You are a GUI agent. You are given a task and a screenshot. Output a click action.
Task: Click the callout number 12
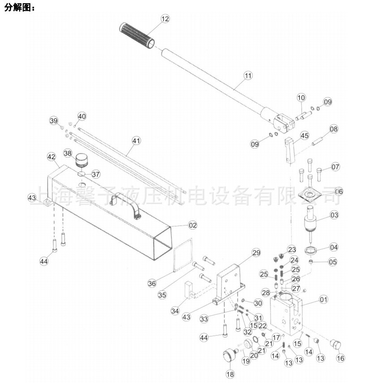click(x=165, y=19)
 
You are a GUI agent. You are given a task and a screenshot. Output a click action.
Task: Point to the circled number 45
click(x=304, y=136)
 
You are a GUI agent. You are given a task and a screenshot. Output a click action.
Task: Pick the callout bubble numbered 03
click(x=334, y=215)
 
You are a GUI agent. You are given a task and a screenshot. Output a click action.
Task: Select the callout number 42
click(x=52, y=157)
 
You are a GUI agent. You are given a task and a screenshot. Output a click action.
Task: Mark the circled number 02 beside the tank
click(x=192, y=225)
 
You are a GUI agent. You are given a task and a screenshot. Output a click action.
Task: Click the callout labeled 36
click(x=152, y=283)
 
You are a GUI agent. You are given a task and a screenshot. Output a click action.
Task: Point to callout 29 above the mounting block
click(x=256, y=253)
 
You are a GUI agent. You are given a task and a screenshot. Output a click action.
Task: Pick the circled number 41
click(x=136, y=140)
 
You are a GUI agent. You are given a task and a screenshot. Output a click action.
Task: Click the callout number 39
click(x=54, y=121)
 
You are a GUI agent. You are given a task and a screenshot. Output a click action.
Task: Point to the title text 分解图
click(x=19, y=8)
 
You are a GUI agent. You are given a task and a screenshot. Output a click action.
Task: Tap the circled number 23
click(x=292, y=249)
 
